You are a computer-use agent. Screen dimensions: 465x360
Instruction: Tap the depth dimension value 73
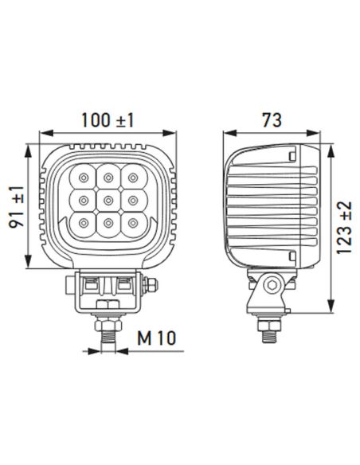point(271,120)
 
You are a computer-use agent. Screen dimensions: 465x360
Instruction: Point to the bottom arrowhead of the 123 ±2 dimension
point(328,312)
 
